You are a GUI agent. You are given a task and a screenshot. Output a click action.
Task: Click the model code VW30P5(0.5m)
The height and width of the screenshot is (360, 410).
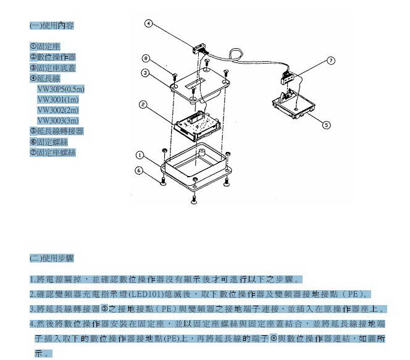[x=61, y=89]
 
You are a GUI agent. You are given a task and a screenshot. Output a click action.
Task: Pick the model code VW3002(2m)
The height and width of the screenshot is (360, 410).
[x=57, y=110]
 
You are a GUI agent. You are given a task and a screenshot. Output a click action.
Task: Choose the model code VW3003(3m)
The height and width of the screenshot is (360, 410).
[x=57, y=120]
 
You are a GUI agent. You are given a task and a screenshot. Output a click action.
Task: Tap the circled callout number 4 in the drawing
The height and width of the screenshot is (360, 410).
[x=148, y=24]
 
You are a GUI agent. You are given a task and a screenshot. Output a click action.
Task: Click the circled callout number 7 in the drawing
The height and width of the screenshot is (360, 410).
[x=330, y=61]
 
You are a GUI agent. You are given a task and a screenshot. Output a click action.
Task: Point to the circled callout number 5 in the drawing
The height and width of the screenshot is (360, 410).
[x=327, y=125]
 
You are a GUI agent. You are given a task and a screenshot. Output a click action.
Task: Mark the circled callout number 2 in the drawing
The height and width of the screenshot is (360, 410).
[x=143, y=105]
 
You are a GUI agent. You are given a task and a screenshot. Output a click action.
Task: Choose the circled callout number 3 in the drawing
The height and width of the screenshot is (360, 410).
[x=143, y=73]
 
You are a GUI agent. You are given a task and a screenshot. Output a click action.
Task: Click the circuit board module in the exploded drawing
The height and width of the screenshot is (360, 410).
[x=196, y=123]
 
